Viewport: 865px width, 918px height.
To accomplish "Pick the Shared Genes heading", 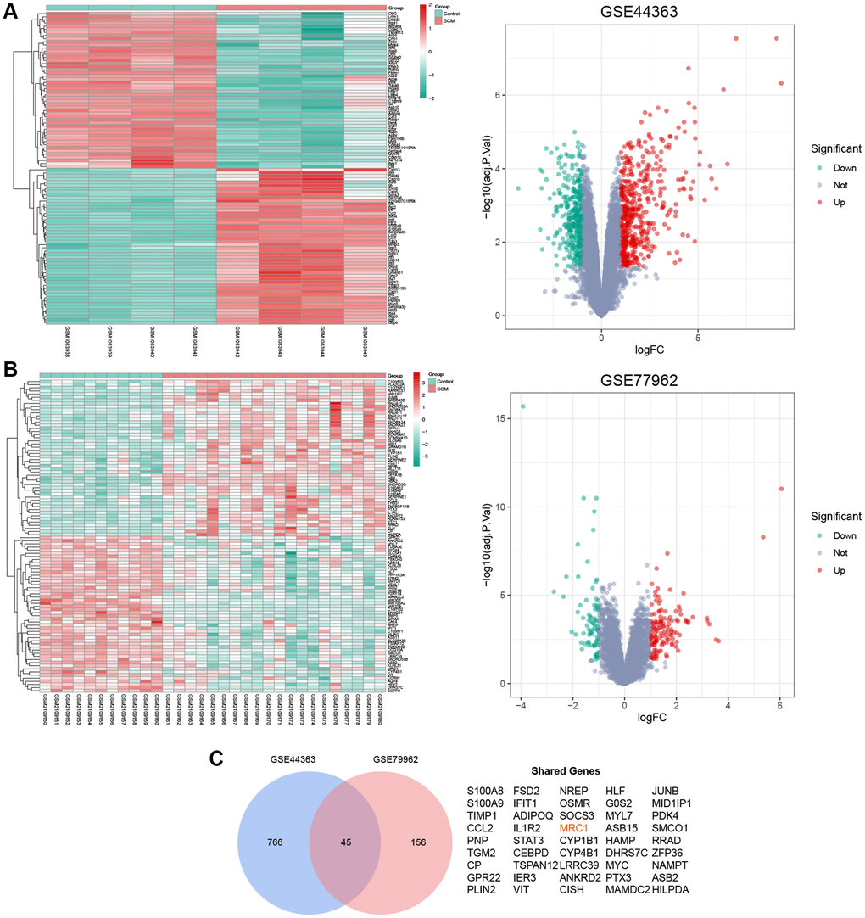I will point(566,771).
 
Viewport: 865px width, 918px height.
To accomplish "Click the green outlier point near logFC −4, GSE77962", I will point(522,406).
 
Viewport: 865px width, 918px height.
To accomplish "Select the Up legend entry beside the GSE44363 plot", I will point(831,203).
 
